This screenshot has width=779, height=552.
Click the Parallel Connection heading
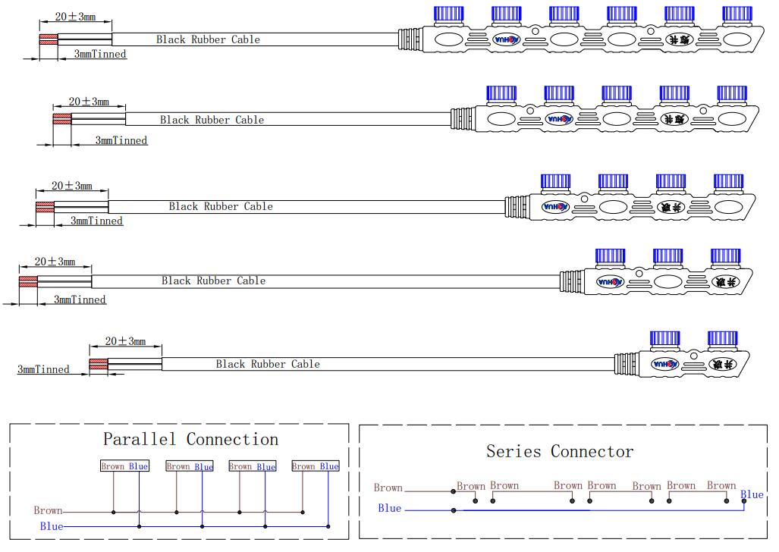coord(190,440)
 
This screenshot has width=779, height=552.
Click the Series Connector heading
coord(560,452)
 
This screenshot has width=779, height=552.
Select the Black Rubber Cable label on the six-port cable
coord(208,39)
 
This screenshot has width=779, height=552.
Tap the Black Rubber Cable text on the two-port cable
coord(268,364)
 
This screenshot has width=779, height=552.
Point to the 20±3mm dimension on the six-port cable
coord(76,17)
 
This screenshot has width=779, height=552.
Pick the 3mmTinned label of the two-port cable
coord(43,370)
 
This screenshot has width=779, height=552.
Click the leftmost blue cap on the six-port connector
coord(448,14)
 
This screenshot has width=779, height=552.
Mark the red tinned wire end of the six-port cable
coord(48,39)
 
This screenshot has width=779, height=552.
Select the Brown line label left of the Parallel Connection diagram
coord(48,511)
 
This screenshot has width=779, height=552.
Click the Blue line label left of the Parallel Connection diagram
coord(52,526)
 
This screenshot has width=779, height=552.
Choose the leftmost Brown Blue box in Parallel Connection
coord(125,466)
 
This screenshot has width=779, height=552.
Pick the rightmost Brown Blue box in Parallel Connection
coord(316,466)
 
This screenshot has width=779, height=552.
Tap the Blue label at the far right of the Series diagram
coord(752,495)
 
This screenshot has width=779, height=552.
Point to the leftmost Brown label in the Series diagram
coord(388,488)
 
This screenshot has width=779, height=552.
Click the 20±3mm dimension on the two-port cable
coord(125,342)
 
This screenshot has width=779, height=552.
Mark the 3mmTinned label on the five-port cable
coord(121,140)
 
